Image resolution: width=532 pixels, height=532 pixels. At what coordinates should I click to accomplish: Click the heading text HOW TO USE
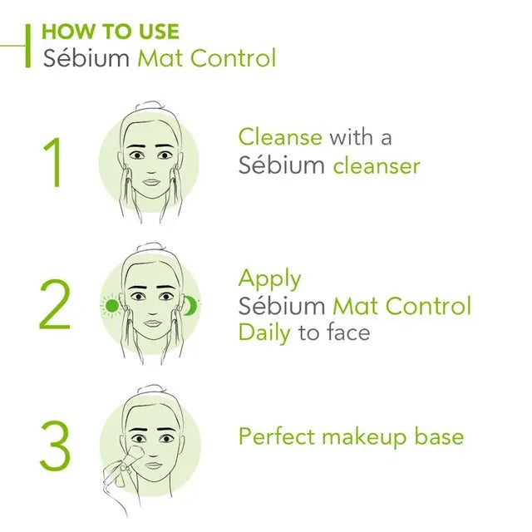coord(111,32)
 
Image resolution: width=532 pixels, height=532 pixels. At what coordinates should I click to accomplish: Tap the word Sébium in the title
coord(86,58)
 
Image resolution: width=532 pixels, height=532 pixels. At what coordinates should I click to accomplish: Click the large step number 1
coord(53,162)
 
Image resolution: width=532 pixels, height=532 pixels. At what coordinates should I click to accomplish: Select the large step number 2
coord(55,304)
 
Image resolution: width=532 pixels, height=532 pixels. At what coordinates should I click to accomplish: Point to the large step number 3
coord(56,446)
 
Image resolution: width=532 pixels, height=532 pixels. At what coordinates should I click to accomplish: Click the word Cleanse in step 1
coord(280,136)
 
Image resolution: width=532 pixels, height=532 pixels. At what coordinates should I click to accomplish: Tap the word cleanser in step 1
coord(377,166)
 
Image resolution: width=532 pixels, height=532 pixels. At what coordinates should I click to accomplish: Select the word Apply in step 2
coord(269,279)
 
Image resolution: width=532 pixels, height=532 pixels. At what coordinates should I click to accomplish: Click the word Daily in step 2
coord(264,332)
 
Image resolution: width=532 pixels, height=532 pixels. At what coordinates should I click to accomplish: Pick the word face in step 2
coord(348,332)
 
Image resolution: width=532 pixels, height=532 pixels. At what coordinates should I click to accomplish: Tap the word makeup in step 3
coord(364,437)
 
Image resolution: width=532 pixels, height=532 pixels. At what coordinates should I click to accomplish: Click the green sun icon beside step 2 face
coord(111,306)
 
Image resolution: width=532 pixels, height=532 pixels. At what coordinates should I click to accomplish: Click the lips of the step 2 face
coord(152,323)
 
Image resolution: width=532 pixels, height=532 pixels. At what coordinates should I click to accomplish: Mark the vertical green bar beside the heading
coord(27,46)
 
